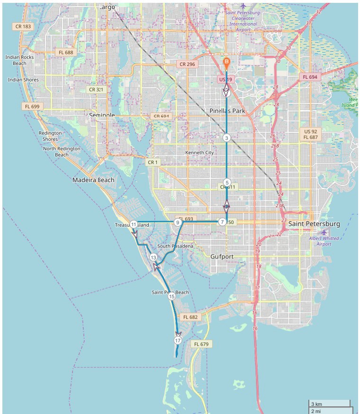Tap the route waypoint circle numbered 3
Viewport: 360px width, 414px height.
click(226, 138)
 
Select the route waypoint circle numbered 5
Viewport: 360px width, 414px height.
click(227, 183)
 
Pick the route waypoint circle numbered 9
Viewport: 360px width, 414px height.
click(178, 222)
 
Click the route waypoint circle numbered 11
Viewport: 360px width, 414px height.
click(134, 224)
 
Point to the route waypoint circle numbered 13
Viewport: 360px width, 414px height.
click(153, 257)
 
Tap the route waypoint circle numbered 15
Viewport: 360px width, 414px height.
click(171, 296)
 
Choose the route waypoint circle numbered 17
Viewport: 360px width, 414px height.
click(178, 340)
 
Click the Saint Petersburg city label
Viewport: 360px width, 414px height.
click(314, 223)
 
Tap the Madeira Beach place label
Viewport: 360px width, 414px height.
click(93, 180)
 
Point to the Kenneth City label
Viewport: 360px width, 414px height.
click(199, 153)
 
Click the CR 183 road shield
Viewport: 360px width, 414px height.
click(23, 27)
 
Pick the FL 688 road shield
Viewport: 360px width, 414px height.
click(65, 52)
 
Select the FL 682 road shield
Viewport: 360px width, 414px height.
click(189, 317)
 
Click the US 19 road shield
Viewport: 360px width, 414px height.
click(225, 79)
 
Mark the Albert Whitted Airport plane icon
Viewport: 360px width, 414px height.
click(324, 232)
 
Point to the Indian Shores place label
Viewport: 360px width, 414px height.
click(23, 80)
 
